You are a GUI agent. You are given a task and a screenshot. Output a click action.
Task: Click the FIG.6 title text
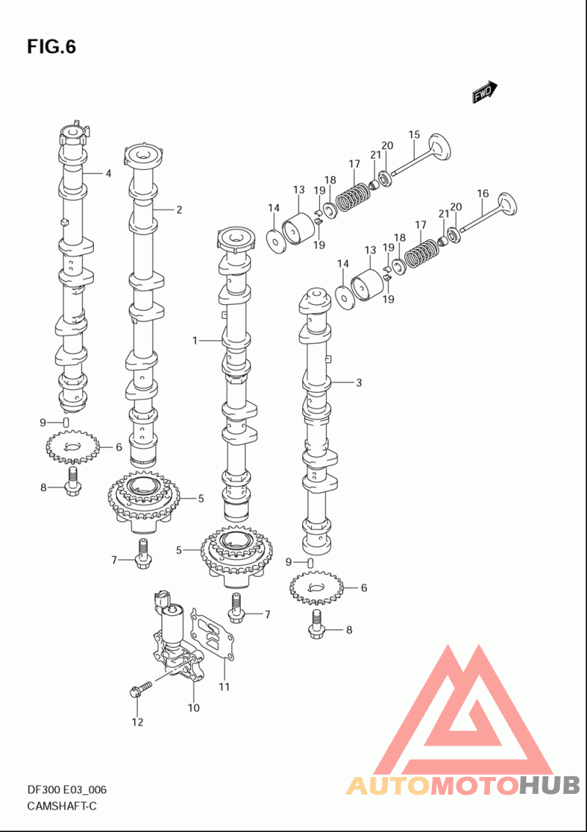(x=51, y=47)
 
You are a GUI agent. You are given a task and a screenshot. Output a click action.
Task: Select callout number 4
(x=109, y=174)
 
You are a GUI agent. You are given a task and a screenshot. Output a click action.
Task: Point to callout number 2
(x=179, y=210)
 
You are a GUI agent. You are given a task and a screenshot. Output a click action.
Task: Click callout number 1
(x=195, y=340)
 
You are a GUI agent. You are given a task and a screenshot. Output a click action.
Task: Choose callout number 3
(x=359, y=382)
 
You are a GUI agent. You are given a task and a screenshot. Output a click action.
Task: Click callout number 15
(x=414, y=135)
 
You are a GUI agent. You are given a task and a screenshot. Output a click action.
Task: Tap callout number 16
(x=482, y=194)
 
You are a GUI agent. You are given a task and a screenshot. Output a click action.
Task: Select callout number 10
(x=194, y=707)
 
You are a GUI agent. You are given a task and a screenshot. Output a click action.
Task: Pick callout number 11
(x=225, y=687)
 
